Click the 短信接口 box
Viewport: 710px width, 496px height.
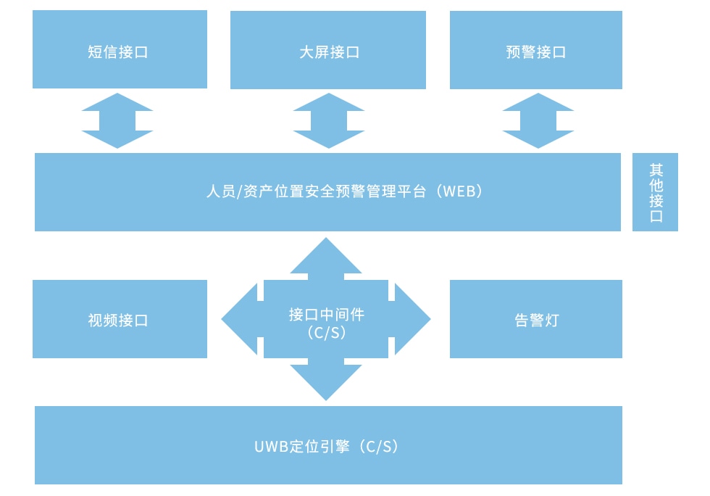(120, 50)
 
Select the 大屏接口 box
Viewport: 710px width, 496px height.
(328, 50)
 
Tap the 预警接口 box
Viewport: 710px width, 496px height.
(536, 50)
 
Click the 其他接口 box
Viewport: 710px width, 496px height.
(655, 192)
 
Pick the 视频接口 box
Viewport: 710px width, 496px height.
(120, 319)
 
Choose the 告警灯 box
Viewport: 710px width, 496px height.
(536, 319)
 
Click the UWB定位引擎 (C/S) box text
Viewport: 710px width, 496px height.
(327, 446)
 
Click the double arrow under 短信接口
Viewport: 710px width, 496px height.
(117, 120)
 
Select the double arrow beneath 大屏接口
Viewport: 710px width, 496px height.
(328, 120)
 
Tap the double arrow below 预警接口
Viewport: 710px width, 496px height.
(538, 120)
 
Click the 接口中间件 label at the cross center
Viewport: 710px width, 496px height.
(326, 315)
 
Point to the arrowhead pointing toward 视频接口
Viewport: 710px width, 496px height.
(239, 319)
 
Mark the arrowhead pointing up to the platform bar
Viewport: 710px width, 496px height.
(326, 255)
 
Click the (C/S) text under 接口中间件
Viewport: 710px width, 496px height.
(326, 333)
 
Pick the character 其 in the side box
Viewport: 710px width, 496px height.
(656, 170)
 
